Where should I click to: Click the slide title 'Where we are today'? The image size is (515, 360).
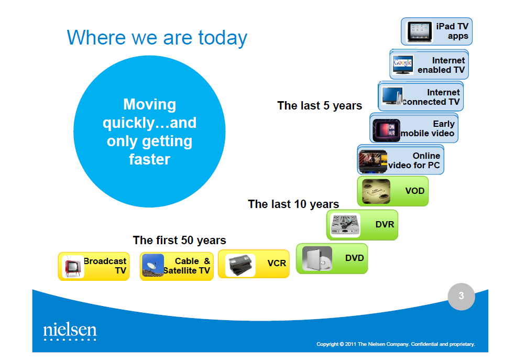[157, 38]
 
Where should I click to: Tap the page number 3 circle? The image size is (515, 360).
[461, 296]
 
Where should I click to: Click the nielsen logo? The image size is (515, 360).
[70, 331]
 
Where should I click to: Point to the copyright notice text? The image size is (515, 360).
[396, 344]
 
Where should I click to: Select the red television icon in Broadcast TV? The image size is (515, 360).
[73, 266]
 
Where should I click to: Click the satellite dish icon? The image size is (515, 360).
[153, 265]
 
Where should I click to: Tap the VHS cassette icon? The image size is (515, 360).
[240, 265]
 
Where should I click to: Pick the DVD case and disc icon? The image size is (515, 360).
[317, 258]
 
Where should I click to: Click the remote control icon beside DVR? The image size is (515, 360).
[345, 225]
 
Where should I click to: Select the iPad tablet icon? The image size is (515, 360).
[420, 32]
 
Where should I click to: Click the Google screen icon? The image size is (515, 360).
[403, 64]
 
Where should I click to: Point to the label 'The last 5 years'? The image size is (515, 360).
[320, 106]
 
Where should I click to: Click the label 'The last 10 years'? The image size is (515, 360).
[293, 204]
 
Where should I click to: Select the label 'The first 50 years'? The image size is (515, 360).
[179, 241]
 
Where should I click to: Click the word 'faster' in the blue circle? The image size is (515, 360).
[149, 159]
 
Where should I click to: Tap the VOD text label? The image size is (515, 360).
[415, 191]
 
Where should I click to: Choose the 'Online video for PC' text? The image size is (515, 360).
[414, 160]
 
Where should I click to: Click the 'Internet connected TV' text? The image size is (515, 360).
[431, 97]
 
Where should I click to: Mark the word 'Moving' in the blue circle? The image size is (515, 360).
[149, 105]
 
